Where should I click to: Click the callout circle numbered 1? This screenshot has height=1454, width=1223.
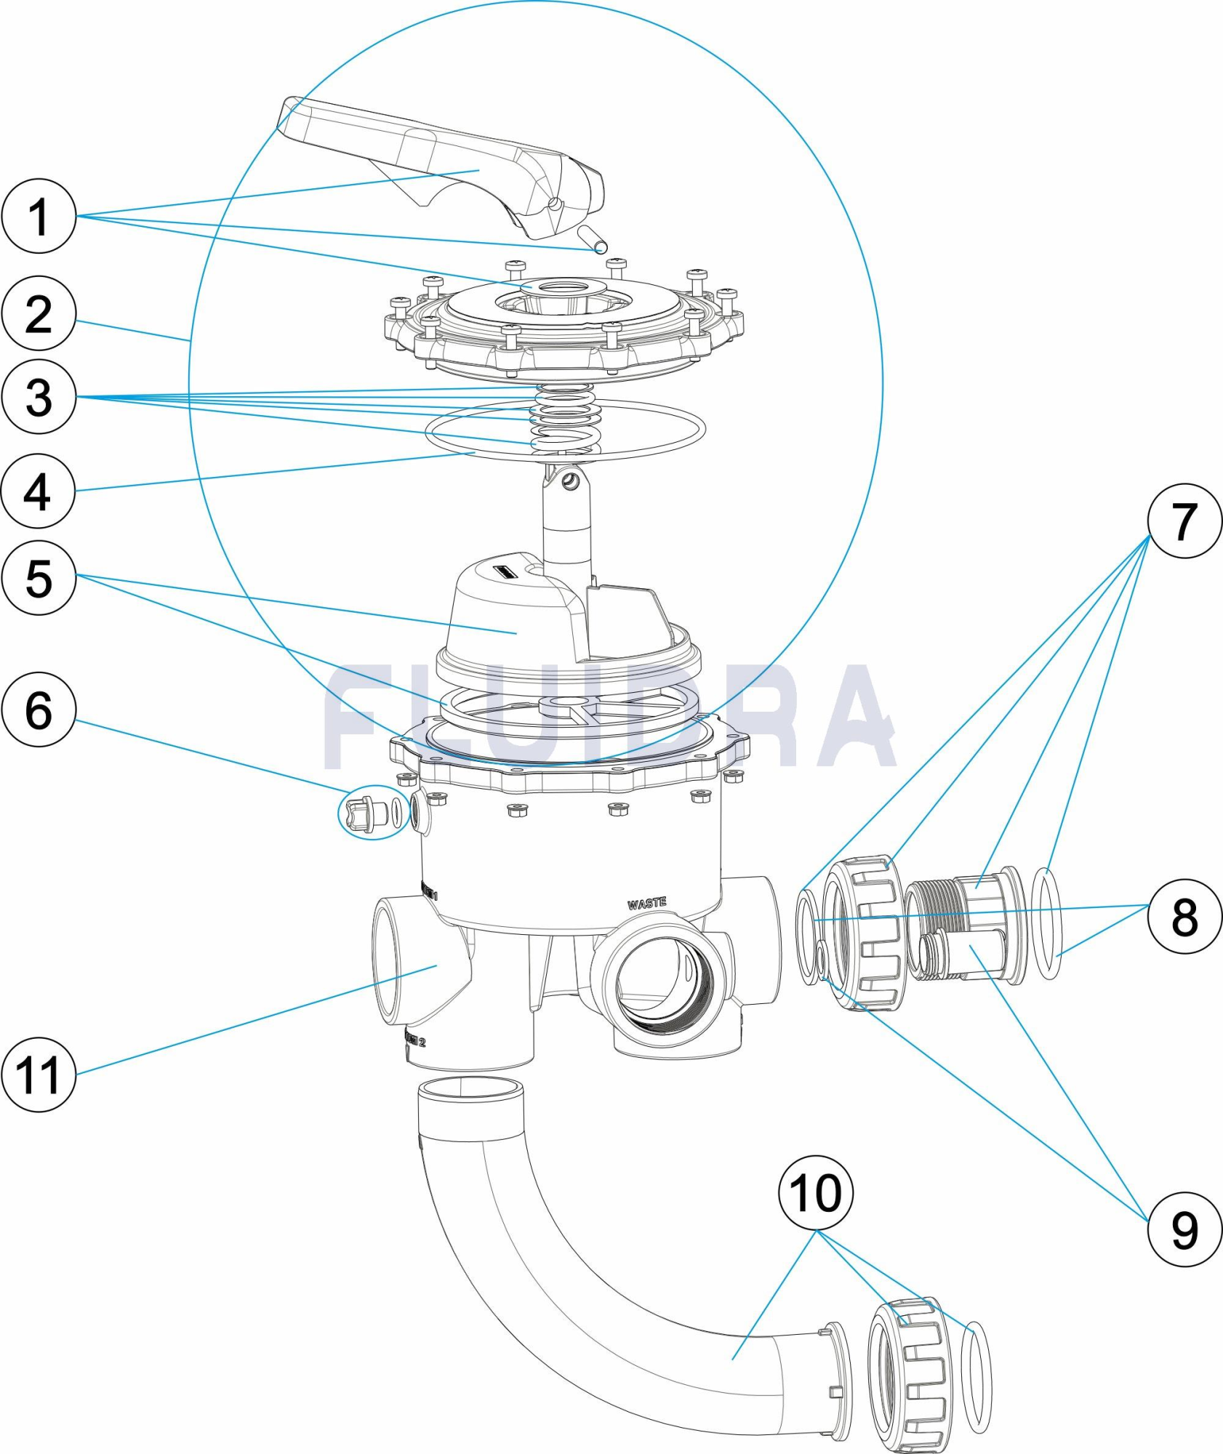pyautogui.click(x=39, y=216)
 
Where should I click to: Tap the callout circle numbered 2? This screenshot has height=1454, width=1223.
pyautogui.click(x=39, y=314)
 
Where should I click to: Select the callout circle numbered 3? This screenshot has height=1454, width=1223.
pyautogui.click(x=39, y=397)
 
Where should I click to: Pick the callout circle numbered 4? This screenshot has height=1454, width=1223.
pyautogui.click(x=39, y=491)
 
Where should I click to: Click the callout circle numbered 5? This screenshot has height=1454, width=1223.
pyautogui.click(x=39, y=578)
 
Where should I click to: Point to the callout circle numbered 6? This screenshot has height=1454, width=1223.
pyautogui.click(x=39, y=710)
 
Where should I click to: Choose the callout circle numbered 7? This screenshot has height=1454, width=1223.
pyautogui.click(x=1184, y=521)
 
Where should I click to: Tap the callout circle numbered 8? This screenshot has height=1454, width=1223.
pyautogui.click(x=1184, y=916)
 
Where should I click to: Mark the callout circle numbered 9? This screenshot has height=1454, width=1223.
pyautogui.click(x=1184, y=1229)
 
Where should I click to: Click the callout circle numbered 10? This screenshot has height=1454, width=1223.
pyautogui.click(x=815, y=1193)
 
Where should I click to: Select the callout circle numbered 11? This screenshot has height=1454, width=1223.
pyautogui.click(x=39, y=1075)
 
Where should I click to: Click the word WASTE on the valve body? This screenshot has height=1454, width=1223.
pyautogui.click(x=646, y=903)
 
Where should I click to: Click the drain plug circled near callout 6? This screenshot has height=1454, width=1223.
pyautogui.click(x=367, y=814)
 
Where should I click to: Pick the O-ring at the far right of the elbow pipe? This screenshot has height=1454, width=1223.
pyautogui.click(x=976, y=1378)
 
